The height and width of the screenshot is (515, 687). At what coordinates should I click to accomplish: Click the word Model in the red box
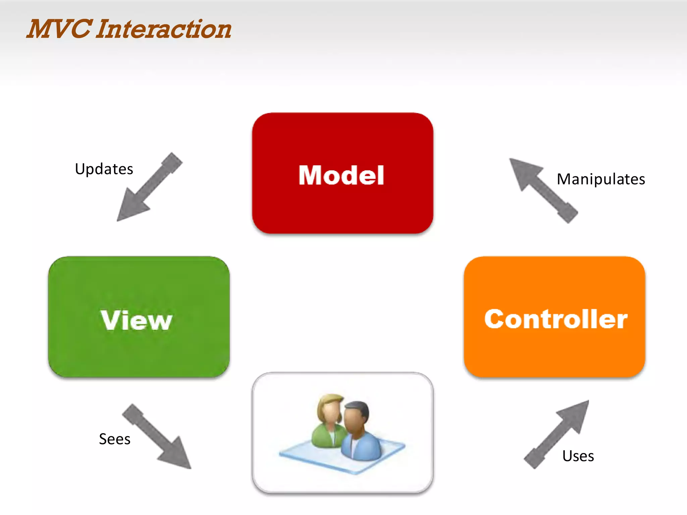coord(341,175)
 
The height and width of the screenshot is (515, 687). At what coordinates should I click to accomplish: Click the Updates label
coord(104,169)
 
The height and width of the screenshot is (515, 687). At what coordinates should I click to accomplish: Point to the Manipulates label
coord(601,179)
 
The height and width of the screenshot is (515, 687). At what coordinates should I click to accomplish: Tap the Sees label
coord(115,439)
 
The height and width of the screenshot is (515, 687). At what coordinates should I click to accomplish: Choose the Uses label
coord(578,456)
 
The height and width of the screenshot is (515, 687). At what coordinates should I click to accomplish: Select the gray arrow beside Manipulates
coord(543,190)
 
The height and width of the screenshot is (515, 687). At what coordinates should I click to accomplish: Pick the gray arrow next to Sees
coord(157,436)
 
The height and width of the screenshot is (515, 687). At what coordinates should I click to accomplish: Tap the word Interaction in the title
coord(164,29)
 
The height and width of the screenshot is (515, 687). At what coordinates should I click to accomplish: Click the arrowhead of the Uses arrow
coord(575,414)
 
